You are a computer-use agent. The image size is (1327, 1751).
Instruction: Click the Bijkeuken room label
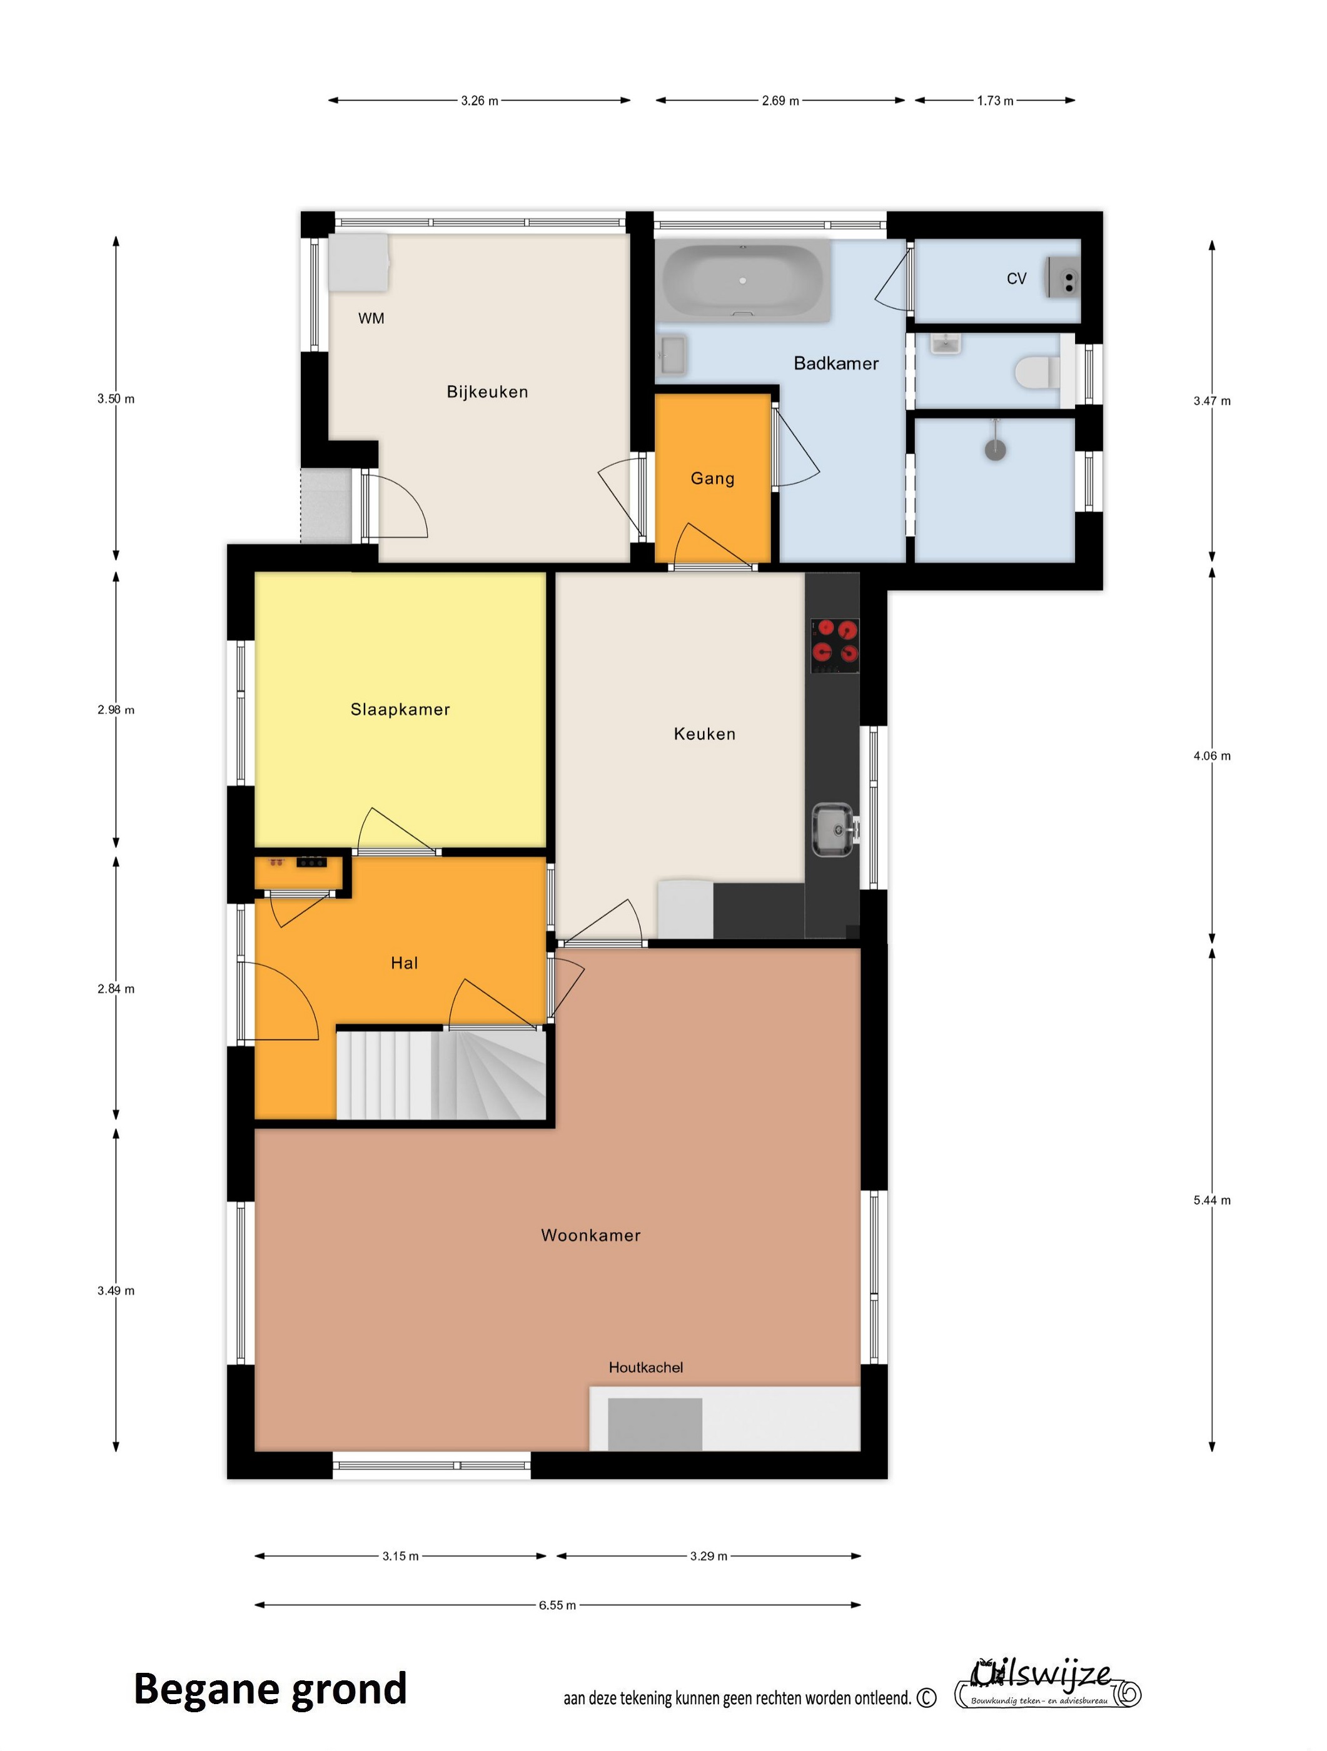click(x=487, y=392)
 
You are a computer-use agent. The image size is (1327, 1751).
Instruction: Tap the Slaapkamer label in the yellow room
click(x=400, y=709)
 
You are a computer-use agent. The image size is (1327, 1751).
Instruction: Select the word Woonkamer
click(x=591, y=1235)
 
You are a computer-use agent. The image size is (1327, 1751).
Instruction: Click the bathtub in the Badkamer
click(x=744, y=281)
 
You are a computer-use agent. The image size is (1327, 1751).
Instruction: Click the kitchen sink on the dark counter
click(x=834, y=830)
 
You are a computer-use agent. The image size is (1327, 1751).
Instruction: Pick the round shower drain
click(x=996, y=450)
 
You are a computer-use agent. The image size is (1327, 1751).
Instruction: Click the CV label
click(x=1017, y=279)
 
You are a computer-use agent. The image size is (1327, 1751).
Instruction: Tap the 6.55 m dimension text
click(x=557, y=1605)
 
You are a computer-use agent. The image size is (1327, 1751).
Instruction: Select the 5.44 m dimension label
click(x=1212, y=1200)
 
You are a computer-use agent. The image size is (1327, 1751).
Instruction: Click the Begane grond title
click(x=270, y=1689)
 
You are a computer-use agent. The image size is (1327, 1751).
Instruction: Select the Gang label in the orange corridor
click(x=712, y=478)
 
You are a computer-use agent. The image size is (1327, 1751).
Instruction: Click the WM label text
click(x=371, y=318)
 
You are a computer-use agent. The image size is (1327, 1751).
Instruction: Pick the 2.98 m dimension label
click(x=116, y=710)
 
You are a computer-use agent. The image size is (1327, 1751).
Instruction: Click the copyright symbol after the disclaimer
click(x=926, y=1697)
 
